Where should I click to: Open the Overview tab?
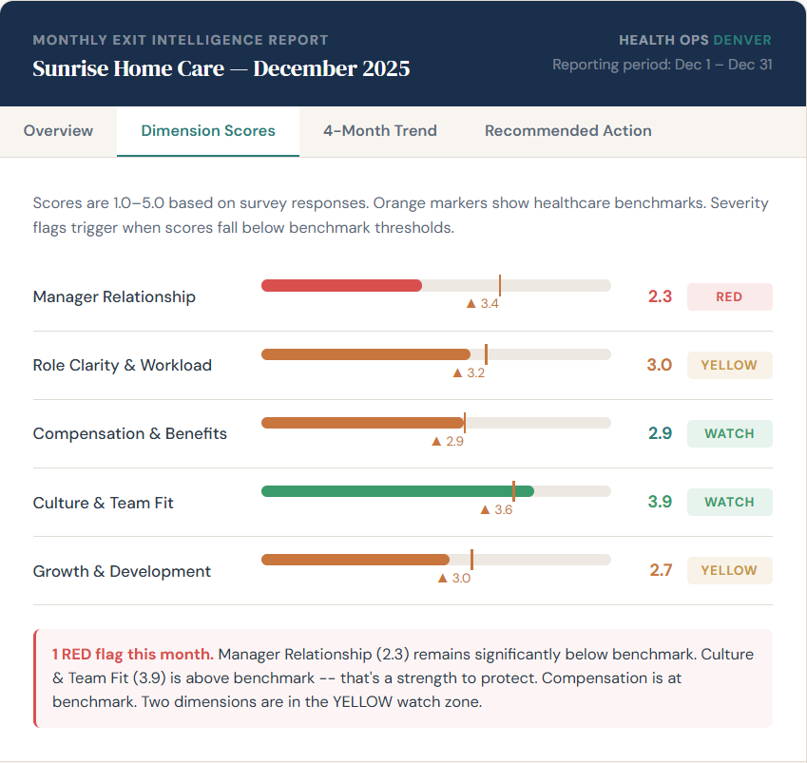[x=58, y=131]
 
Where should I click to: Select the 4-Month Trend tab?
[x=379, y=131]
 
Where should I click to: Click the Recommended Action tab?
[x=567, y=131]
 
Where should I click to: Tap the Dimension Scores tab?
[x=208, y=131]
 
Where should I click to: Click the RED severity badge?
[x=729, y=296]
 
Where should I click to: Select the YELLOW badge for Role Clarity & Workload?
[x=729, y=365]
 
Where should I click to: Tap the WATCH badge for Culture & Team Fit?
[x=729, y=502]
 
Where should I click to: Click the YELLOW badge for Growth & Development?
[x=729, y=570]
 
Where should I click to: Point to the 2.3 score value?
[x=660, y=296]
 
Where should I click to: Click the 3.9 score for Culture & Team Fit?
[x=660, y=502]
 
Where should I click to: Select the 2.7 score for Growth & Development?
[x=660, y=570]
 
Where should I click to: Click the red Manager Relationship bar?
[x=341, y=285]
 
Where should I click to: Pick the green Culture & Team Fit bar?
[x=397, y=491]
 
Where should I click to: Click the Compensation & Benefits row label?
[x=130, y=433]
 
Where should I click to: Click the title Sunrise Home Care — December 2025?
[x=221, y=68]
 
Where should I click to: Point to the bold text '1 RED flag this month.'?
[x=132, y=654]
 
